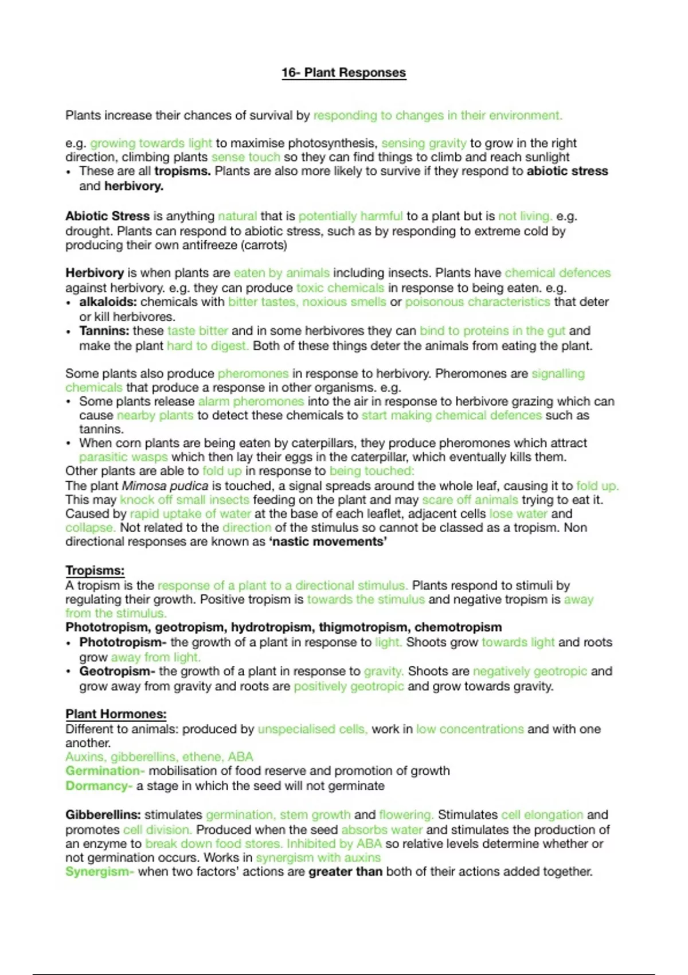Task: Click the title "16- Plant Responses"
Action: (x=343, y=73)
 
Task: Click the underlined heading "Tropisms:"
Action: (x=95, y=571)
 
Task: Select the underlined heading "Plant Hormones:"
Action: (x=116, y=714)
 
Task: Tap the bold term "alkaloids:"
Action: (x=108, y=302)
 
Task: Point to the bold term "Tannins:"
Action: (x=104, y=331)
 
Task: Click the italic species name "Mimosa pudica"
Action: (x=165, y=486)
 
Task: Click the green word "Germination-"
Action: (x=105, y=771)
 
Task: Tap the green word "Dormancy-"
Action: (x=99, y=786)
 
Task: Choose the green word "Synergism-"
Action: (x=100, y=872)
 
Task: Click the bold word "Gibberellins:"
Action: (x=103, y=815)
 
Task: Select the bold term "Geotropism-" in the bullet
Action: (x=117, y=671)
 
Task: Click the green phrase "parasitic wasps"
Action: (x=123, y=457)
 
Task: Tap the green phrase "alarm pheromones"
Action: (x=251, y=401)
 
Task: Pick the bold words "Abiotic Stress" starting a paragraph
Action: (x=107, y=216)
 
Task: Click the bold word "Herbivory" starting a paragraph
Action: (x=95, y=273)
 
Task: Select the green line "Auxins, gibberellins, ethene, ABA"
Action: (x=159, y=757)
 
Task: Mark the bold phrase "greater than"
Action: (x=345, y=872)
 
